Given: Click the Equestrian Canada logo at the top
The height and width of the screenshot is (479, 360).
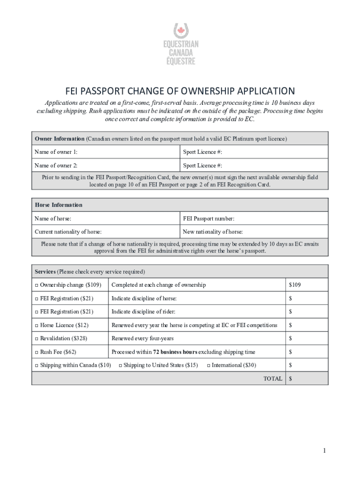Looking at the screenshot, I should pyautogui.click(x=180, y=45).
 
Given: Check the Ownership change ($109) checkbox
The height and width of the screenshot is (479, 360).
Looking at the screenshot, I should pyautogui.click(x=36, y=285).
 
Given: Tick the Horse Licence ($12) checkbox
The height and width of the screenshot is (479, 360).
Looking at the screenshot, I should pyautogui.click(x=36, y=326).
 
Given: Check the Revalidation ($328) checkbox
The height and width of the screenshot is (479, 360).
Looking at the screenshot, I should pyautogui.click(x=36, y=339).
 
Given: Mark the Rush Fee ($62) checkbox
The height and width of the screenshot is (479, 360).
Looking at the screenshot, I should pyautogui.click(x=36, y=352).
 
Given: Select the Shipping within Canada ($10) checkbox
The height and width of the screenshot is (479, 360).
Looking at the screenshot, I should pyautogui.click(x=36, y=365).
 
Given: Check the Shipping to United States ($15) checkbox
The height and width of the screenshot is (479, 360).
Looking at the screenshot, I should pyautogui.click(x=121, y=365).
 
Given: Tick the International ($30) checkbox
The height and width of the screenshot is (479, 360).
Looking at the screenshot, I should pyautogui.click(x=209, y=365).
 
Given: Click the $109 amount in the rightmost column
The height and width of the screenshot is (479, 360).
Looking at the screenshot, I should pyautogui.click(x=295, y=285).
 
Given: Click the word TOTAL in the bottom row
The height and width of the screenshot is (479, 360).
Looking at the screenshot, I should pyautogui.click(x=273, y=379).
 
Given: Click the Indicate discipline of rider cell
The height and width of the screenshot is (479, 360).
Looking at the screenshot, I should pyautogui.click(x=196, y=312).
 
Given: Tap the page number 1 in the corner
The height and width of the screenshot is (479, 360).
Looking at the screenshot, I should pyautogui.click(x=323, y=450).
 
